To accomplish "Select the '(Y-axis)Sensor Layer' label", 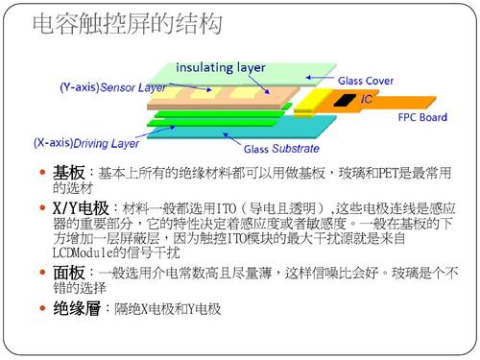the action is click(113, 86).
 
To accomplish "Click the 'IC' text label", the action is click(366, 99).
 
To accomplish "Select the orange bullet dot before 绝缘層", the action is click(40, 310).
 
